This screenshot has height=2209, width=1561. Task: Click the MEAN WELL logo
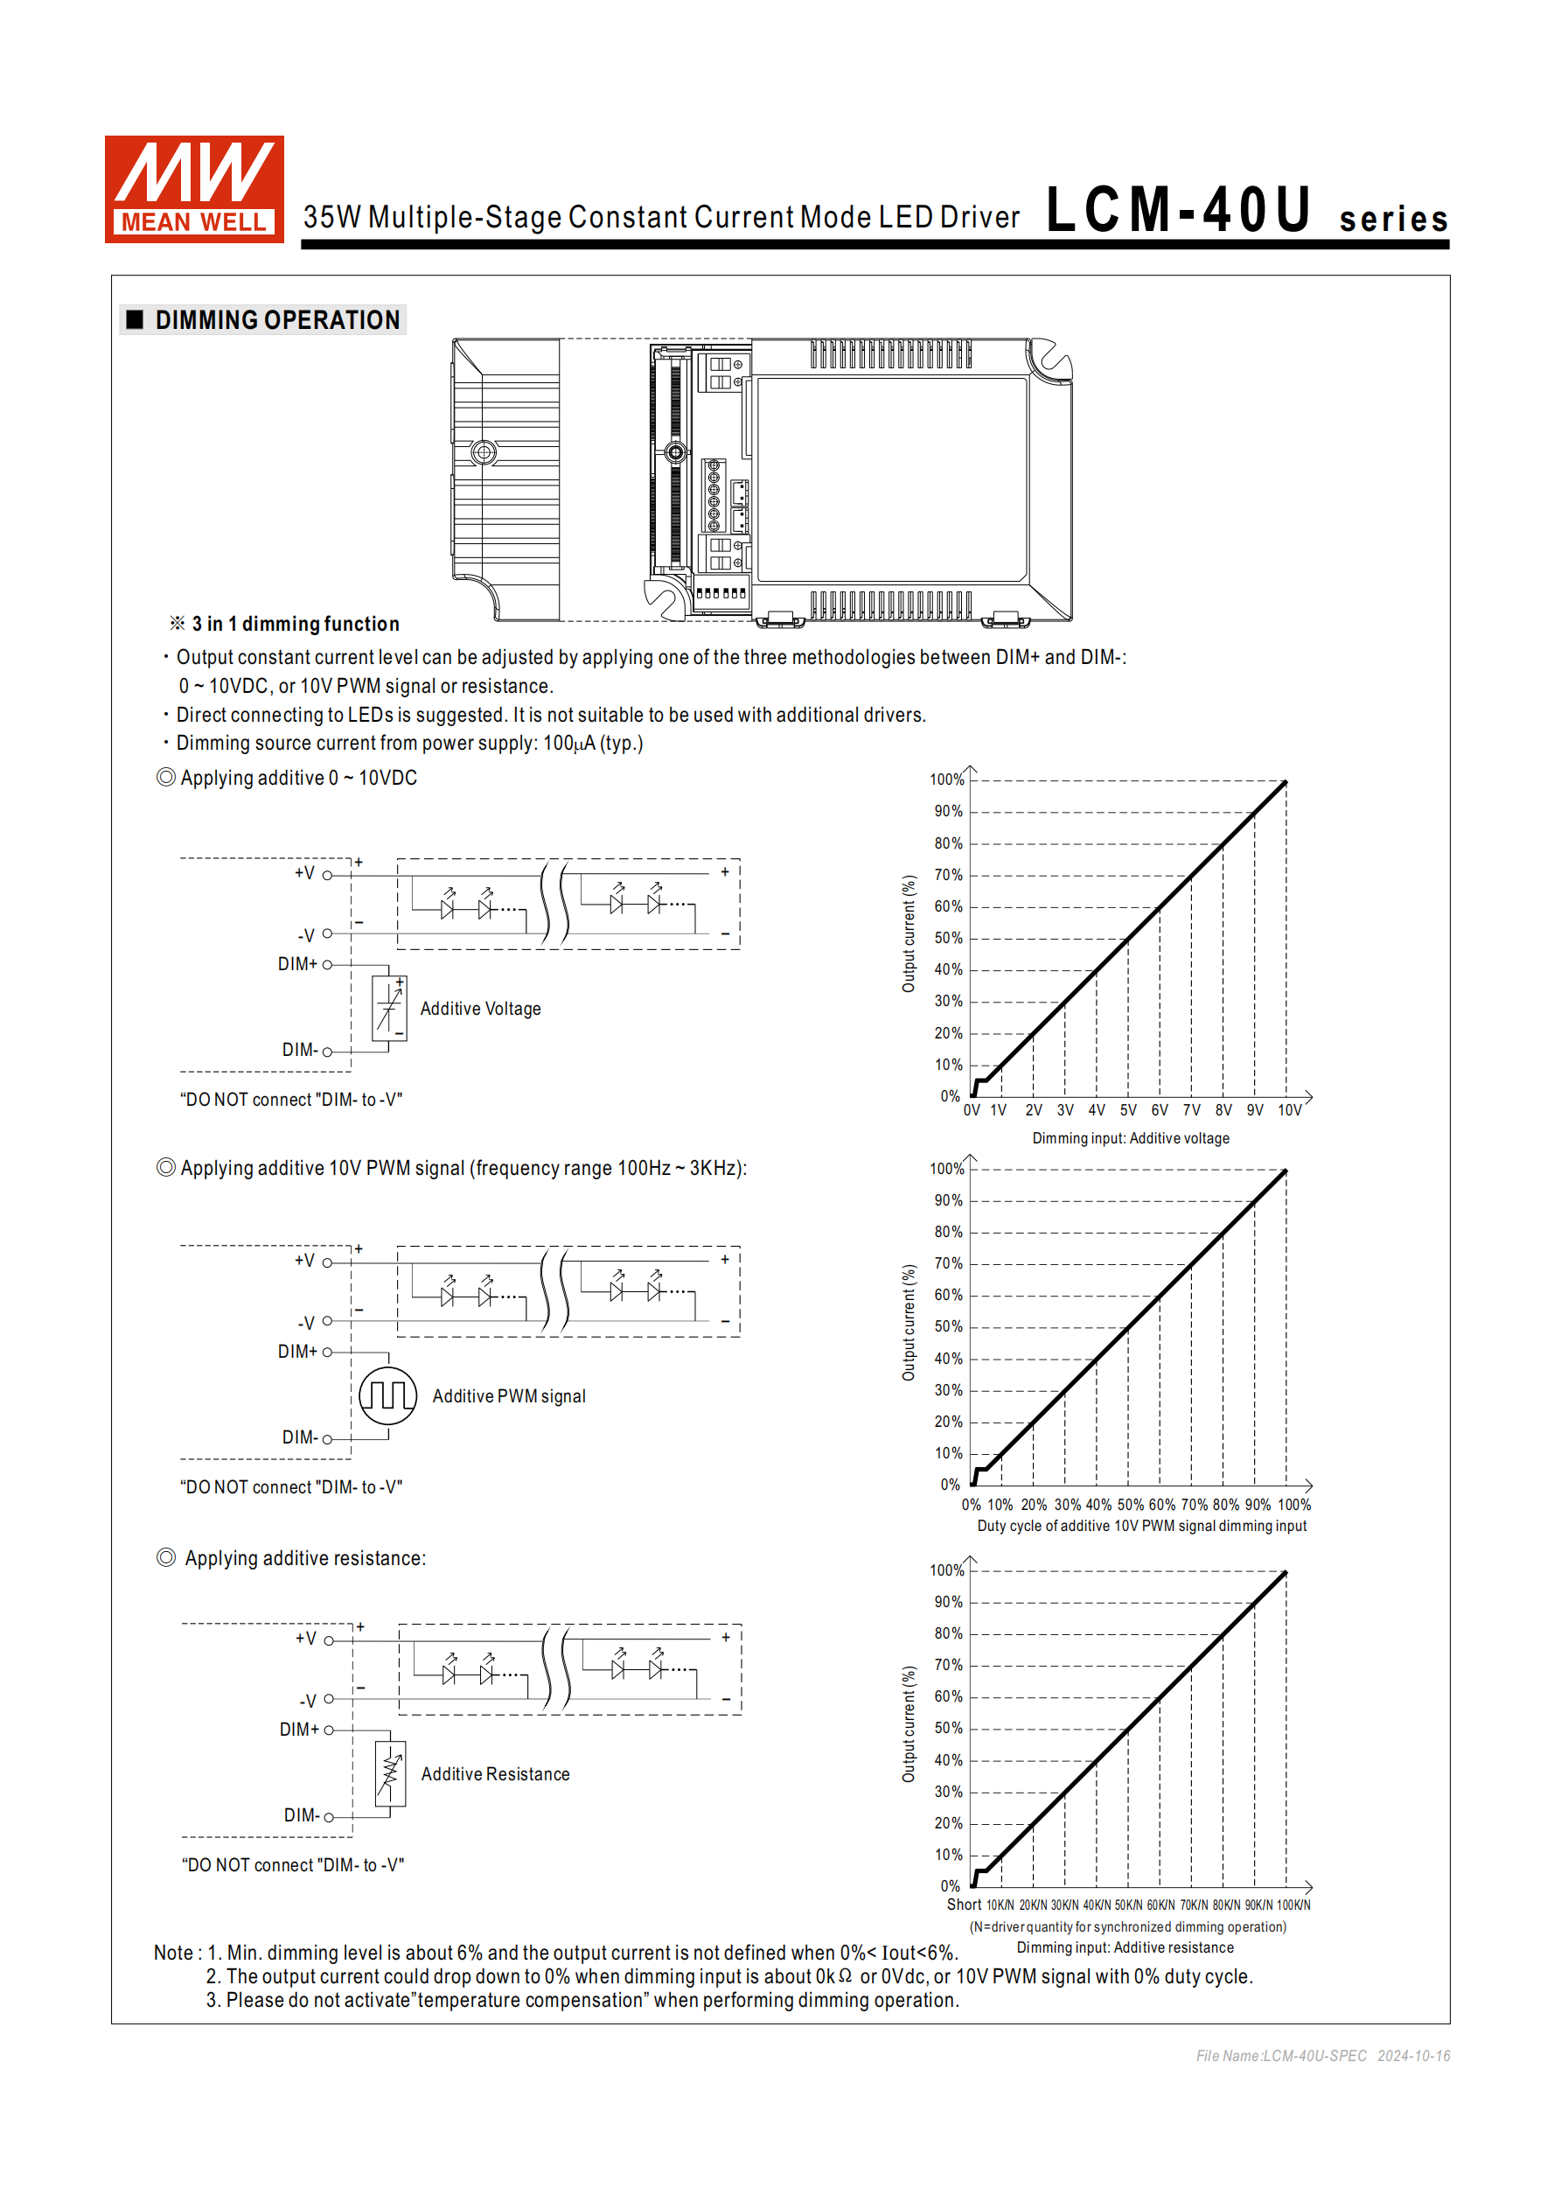(194, 189)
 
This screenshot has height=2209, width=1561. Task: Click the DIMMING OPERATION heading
(277, 320)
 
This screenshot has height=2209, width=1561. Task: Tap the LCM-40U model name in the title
(1179, 211)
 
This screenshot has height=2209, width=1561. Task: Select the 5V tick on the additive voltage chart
(1128, 1110)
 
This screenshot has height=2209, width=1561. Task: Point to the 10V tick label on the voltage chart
(1290, 1110)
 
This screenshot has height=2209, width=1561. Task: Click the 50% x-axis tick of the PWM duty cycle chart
(1130, 1505)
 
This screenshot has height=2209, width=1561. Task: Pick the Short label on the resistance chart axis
(964, 1905)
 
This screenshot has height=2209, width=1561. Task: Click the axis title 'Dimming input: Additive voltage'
(1130, 1138)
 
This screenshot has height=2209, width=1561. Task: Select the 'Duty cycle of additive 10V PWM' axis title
(1141, 1526)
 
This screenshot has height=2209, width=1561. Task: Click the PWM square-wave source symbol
(387, 1395)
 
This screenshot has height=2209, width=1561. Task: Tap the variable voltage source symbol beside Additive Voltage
(389, 1007)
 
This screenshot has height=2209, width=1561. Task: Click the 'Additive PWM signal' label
(509, 1396)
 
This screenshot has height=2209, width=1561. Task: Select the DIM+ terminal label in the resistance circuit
(299, 1730)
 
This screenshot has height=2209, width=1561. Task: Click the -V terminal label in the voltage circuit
(306, 935)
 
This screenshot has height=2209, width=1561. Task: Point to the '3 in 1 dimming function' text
(296, 625)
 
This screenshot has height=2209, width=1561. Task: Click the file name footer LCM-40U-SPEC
(1281, 2056)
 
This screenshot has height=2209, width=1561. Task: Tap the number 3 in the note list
(212, 2000)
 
